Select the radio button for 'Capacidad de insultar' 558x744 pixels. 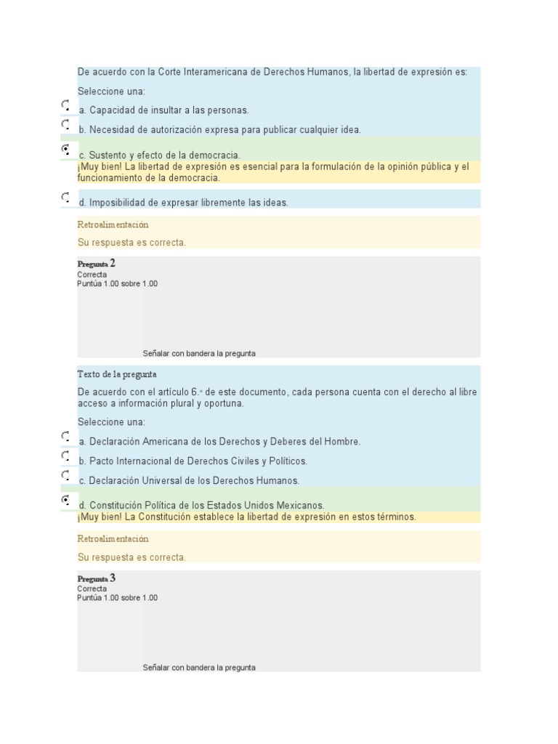pos(65,106)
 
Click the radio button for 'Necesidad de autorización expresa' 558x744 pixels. pos(65,125)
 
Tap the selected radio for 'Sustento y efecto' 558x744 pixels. pos(65,150)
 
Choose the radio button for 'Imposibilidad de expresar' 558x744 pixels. pos(65,197)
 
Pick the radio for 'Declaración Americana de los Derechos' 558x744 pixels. pos(65,437)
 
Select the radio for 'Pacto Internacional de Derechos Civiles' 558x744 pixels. pos(65,456)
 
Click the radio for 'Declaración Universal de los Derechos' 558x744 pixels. pos(65,475)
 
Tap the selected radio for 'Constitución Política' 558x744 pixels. pos(65,500)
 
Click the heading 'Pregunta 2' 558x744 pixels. pos(97,264)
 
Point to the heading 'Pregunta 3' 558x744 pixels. pos(97,578)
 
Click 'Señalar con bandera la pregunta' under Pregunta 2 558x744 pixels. pos(199,353)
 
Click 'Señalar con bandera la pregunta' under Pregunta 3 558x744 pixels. pos(199,667)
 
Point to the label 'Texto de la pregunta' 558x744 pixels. pos(116,374)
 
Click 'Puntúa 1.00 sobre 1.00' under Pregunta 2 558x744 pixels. pos(117,283)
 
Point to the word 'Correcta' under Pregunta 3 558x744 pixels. pos(92,589)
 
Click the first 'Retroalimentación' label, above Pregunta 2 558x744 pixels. pos(113,225)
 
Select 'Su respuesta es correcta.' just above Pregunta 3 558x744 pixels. pos(132,557)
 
